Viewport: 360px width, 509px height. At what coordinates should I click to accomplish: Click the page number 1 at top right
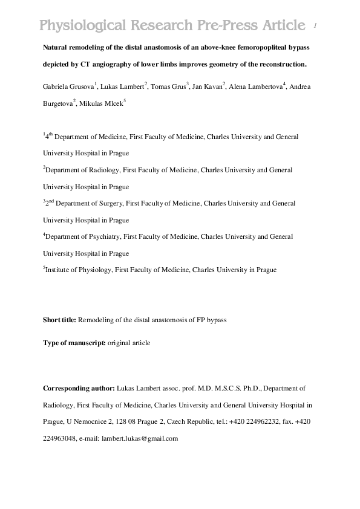316,26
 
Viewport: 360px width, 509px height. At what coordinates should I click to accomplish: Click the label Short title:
59,320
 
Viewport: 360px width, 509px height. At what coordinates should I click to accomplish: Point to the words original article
129,343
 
